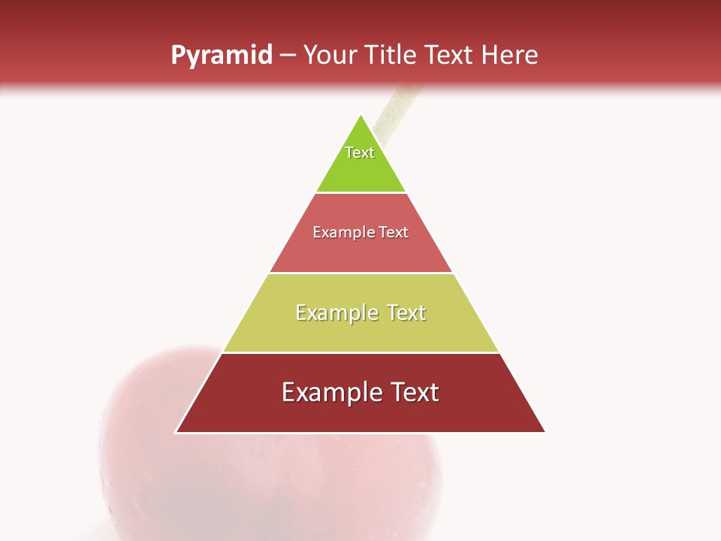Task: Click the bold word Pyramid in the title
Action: tap(221, 56)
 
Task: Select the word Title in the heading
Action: tap(392, 56)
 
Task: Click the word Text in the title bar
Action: tap(449, 56)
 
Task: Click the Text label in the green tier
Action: tap(360, 153)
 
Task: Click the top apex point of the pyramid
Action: tap(360, 115)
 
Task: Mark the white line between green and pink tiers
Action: tap(360, 193)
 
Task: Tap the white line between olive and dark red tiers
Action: tap(360, 352)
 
